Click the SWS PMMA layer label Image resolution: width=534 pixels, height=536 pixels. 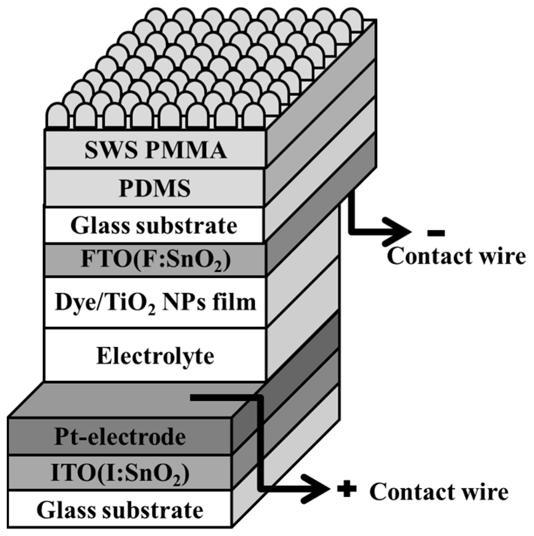click(155, 150)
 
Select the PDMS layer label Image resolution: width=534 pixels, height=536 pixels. click(155, 188)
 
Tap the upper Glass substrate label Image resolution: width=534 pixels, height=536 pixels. click(154, 226)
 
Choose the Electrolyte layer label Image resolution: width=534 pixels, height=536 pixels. click(155, 356)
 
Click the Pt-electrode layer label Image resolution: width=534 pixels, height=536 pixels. click(120, 437)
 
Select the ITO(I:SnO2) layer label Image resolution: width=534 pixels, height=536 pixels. click(120, 473)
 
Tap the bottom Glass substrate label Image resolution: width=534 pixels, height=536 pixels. click(120, 510)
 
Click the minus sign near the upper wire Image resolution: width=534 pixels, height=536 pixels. click(436, 233)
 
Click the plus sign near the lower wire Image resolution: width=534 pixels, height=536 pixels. click(347, 490)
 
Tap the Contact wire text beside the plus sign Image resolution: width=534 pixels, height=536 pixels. click(439, 492)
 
